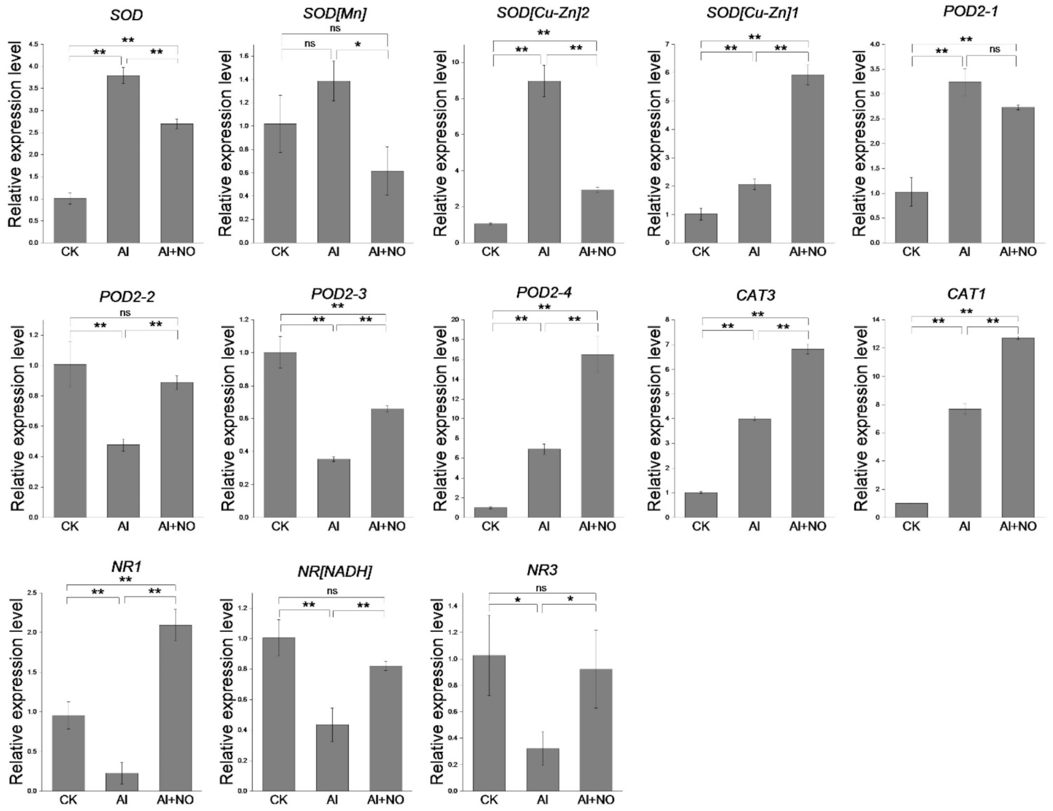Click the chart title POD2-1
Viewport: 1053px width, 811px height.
pos(970,11)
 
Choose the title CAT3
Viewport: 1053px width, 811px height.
pos(755,295)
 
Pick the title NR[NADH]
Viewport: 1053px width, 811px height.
pos(334,571)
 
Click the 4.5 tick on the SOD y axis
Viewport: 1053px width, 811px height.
pos(34,44)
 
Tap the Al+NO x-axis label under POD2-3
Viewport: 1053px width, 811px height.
pos(386,526)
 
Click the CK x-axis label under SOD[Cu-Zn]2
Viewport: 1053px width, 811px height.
pos(490,251)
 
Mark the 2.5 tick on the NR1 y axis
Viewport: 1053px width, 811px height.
pos(30,592)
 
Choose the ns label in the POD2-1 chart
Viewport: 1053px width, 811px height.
pos(994,49)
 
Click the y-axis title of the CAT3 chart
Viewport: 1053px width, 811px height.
pos(654,419)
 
